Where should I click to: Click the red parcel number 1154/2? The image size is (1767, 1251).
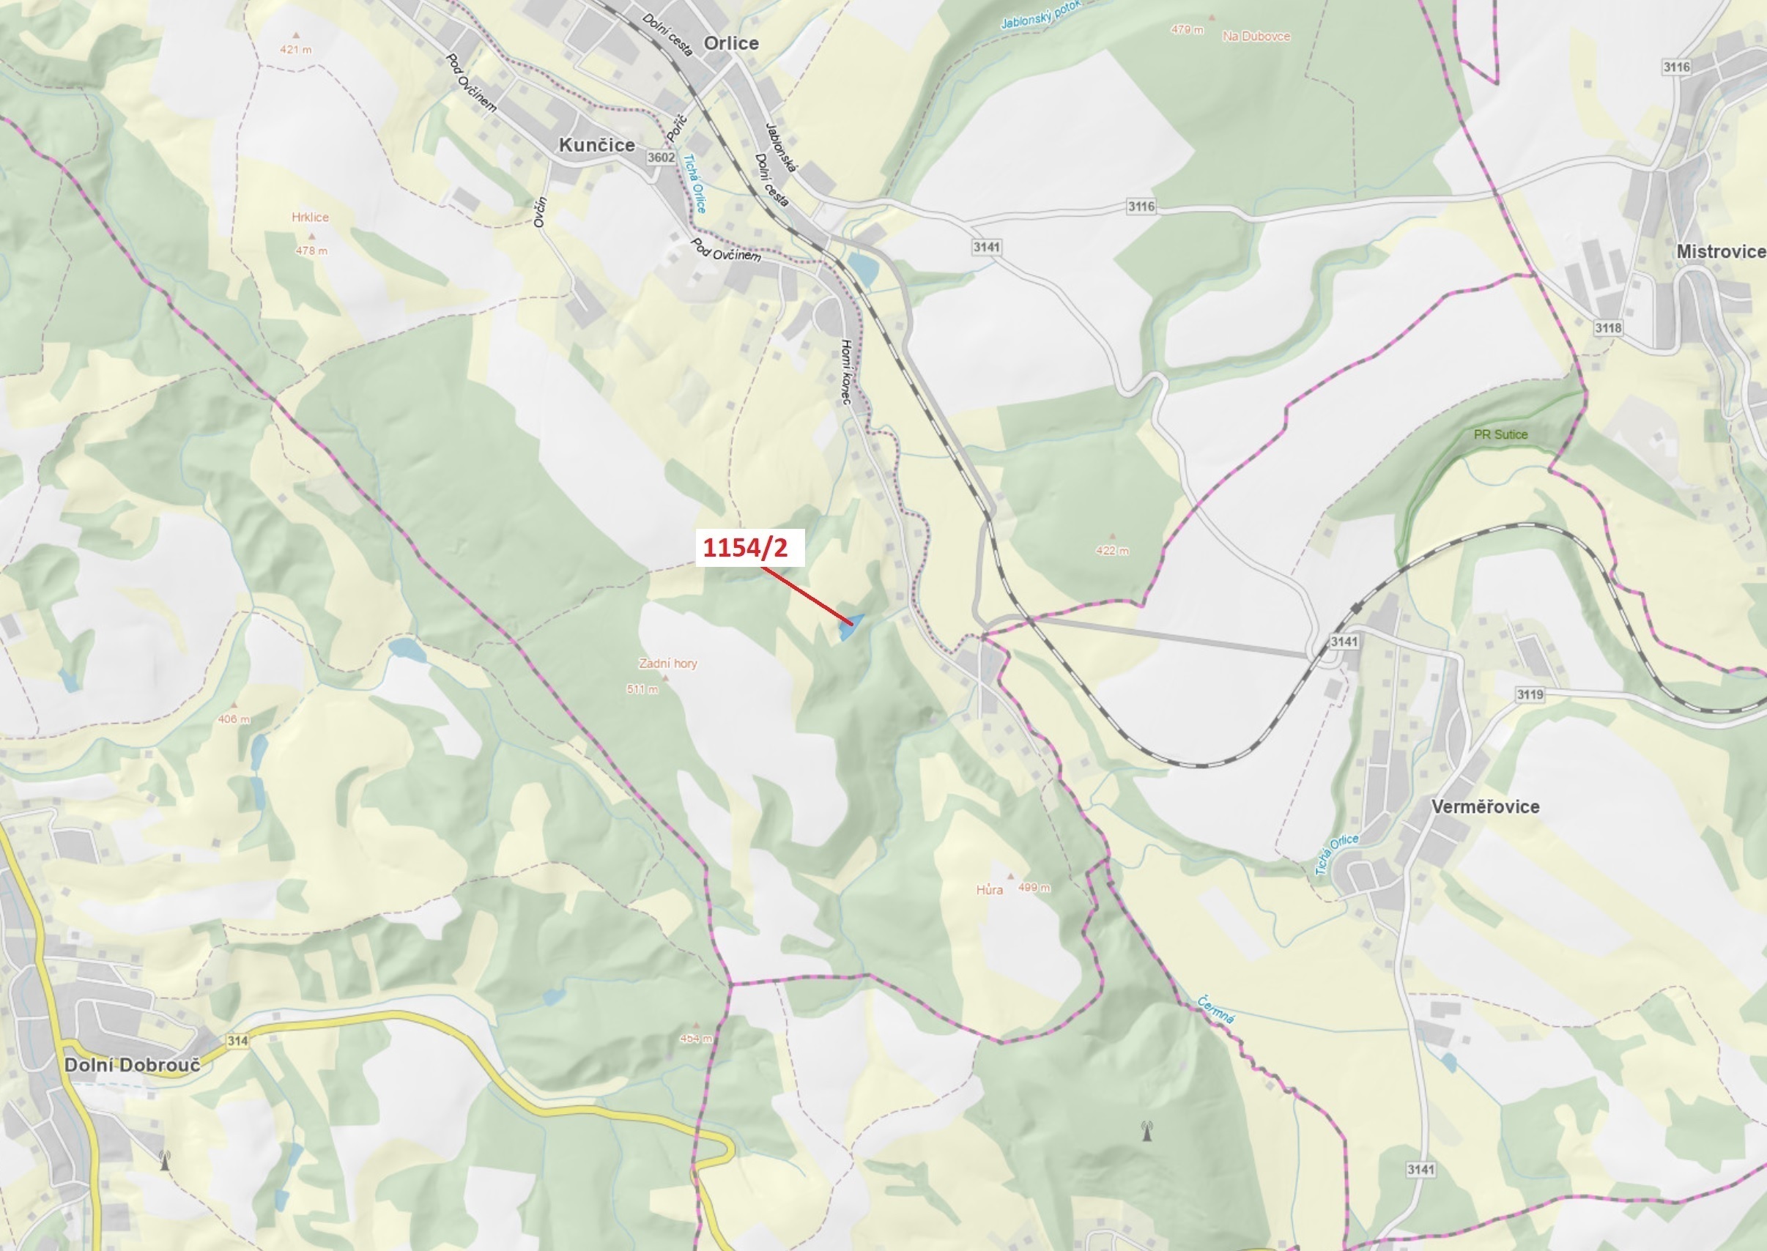[x=746, y=547]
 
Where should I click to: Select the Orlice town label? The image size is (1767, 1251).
[x=731, y=43]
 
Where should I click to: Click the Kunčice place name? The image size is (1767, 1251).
[x=597, y=145]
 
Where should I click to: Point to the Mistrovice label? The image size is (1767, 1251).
[x=1721, y=252]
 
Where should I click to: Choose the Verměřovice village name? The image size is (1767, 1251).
[x=1485, y=806]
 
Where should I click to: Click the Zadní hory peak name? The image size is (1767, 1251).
[x=668, y=664]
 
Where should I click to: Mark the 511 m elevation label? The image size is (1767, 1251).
[x=642, y=689]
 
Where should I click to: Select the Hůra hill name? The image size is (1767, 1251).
[x=990, y=891]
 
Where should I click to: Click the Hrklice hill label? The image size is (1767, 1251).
[x=310, y=218]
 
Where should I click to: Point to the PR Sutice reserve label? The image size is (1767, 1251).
[x=1500, y=434]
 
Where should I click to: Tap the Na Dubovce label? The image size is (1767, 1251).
[x=1256, y=36]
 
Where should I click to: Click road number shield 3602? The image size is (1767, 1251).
[x=661, y=157]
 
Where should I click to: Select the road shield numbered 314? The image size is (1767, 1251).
[x=237, y=1041]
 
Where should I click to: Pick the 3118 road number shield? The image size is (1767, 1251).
[x=1607, y=328]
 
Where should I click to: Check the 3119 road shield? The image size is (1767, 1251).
[x=1530, y=694]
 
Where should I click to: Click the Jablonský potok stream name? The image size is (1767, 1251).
[x=1040, y=14]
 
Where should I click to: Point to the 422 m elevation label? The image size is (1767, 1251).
[x=1112, y=551]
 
